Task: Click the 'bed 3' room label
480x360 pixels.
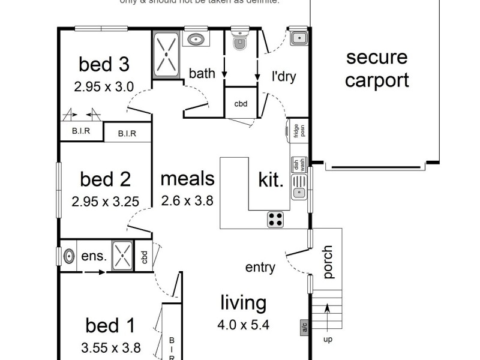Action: coord(104,64)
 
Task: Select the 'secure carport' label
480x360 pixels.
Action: coord(377,69)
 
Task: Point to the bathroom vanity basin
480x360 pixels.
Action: coord(196,40)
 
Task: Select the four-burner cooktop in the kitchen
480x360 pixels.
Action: coord(275,219)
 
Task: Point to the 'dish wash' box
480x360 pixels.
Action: coord(298,164)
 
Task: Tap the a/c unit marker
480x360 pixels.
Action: coord(304,328)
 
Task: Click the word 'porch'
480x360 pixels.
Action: coord(328,262)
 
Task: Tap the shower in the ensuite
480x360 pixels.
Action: coord(122,256)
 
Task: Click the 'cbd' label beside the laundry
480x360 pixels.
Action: coord(241,104)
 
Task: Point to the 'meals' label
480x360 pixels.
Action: coord(187,179)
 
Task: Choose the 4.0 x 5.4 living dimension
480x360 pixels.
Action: coord(243,325)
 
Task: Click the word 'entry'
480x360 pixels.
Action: coord(260,268)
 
